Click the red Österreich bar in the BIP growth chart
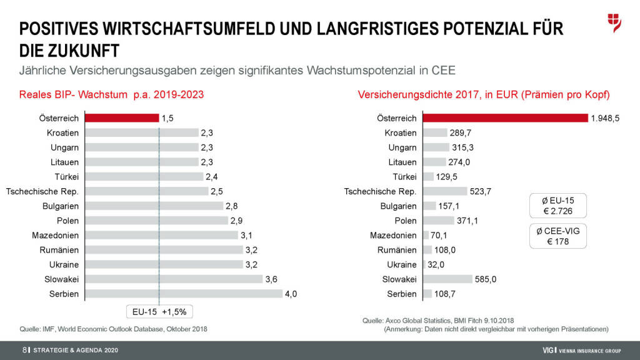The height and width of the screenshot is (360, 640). (122, 117)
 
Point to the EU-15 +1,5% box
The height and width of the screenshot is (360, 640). (159, 311)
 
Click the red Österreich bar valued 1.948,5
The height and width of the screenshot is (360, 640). (506, 117)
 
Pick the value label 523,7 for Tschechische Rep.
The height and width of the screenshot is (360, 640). (481, 191)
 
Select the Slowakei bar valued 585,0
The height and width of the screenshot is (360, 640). (447, 279)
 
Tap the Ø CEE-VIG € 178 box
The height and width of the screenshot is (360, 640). (558, 236)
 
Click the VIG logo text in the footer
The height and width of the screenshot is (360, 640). (550, 349)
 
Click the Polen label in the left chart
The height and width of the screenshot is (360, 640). (67, 221)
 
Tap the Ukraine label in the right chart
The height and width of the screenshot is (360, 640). (401, 264)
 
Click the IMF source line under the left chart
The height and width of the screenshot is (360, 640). (114, 329)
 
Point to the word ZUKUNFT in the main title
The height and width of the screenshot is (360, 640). (82, 49)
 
